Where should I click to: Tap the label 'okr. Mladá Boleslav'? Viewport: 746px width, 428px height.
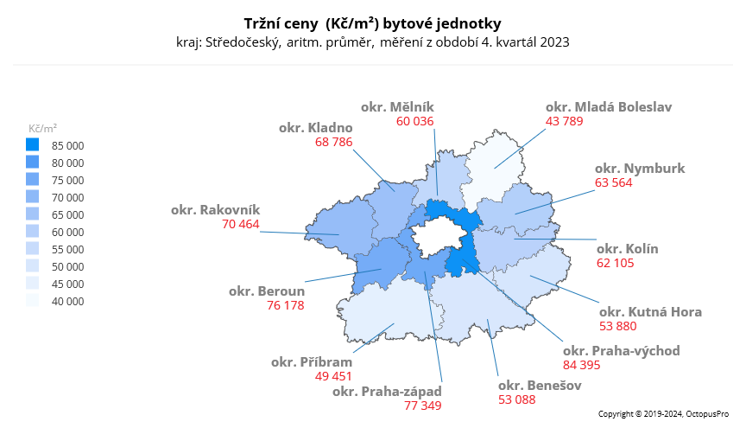[608, 107]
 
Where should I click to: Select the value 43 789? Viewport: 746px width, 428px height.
[565, 122]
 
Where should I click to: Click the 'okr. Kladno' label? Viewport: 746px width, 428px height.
[315, 127]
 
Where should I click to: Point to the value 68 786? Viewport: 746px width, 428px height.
[334, 142]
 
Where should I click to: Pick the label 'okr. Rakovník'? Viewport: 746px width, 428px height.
[215, 209]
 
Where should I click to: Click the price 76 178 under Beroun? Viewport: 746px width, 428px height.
[284, 305]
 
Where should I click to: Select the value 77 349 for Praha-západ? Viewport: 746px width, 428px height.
[422, 405]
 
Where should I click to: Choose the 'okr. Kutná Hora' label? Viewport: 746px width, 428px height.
[650, 311]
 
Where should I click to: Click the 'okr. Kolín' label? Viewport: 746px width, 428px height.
[627, 249]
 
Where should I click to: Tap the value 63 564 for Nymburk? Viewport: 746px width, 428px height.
[614, 182]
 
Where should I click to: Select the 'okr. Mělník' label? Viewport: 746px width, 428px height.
[397, 106]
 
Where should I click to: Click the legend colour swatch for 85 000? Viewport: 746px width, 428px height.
[33, 145]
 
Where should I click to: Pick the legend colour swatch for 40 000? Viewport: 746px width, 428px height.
[33, 301]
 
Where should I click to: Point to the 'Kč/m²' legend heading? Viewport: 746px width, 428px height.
[42, 127]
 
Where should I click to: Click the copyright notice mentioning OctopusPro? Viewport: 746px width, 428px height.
[663, 415]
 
